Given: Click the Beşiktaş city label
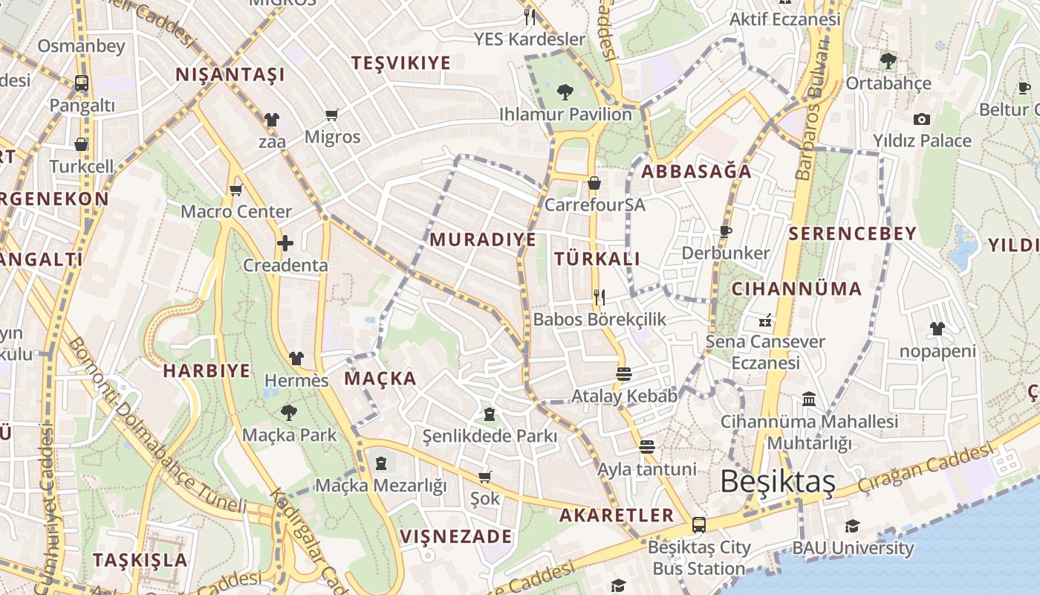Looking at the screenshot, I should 778,482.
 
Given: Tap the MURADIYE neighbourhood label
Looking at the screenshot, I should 483,239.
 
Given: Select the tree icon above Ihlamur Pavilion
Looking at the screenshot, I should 565,92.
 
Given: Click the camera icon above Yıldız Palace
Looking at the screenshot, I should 921,119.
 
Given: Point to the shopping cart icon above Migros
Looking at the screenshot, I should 332,115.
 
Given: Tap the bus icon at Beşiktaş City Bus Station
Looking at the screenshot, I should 698,524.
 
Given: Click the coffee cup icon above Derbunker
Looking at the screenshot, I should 725,231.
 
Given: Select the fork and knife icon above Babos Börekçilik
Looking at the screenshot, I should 599,297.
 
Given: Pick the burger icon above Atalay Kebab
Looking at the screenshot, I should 624,373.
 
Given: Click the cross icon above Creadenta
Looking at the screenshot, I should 285,243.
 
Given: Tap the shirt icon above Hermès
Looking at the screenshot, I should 296,358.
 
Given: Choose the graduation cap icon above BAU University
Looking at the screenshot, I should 852,527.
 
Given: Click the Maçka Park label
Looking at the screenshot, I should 289,434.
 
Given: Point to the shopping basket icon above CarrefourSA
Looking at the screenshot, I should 594,183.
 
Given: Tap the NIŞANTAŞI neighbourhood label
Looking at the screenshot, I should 230,75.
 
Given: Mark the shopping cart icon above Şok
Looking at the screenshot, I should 485,476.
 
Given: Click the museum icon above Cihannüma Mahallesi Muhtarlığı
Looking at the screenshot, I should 809,399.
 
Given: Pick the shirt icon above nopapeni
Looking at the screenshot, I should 937,329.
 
